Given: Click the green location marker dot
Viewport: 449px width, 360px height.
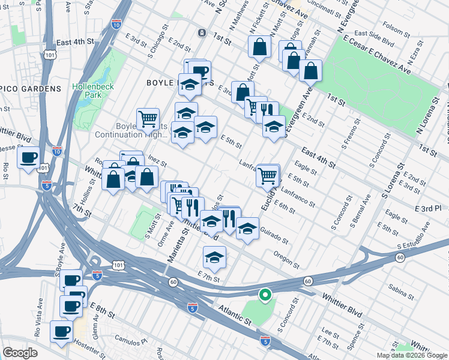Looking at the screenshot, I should [x=264, y=295].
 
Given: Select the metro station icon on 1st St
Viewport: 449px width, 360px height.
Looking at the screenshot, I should [x=202, y=32].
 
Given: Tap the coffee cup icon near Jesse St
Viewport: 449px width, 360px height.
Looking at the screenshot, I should [x=29, y=158].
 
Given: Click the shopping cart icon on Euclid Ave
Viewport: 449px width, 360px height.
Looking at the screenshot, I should [x=268, y=176].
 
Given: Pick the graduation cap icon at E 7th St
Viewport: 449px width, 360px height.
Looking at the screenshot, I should [x=214, y=258].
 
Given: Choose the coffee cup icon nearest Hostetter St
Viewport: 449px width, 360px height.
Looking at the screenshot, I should [x=61, y=332].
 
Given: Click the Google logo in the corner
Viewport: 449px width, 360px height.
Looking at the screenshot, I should [x=20, y=352].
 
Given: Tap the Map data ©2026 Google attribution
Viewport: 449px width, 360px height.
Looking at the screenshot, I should [x=412, y=355].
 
